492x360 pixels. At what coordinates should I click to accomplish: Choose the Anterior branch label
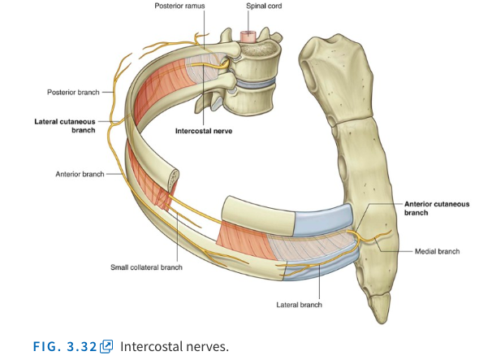(x=78, y=173)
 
